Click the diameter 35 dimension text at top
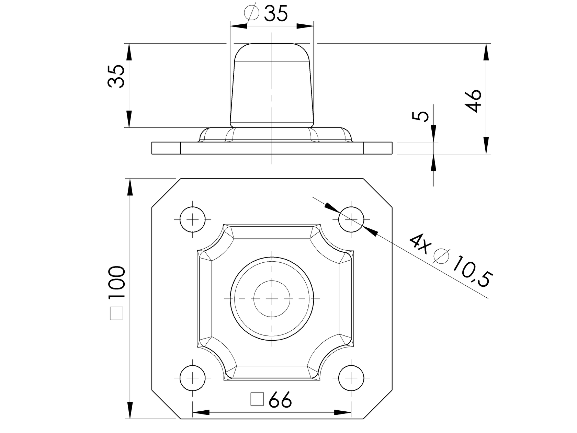[x=276, y=13]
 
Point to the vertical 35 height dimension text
[x=116, y=76]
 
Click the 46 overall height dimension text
[x=473, y=101]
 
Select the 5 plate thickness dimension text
[x=420, y=116]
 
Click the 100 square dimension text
[x=116, y=282]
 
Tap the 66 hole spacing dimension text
[x=280, y=400]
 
